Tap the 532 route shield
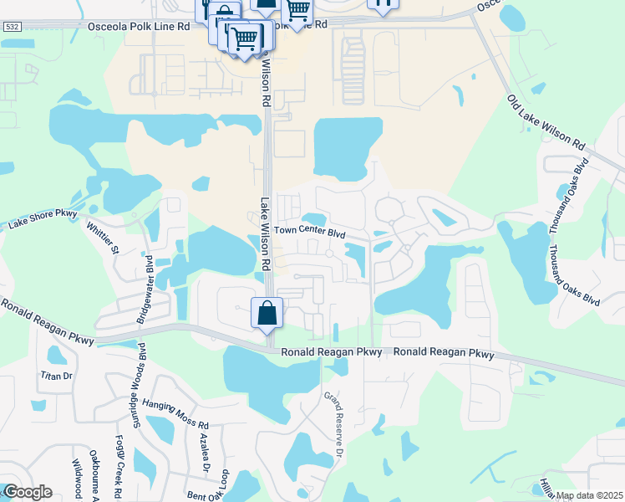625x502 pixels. [11, 27]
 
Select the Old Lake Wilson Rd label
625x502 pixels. [546, 122]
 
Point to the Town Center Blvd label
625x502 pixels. [310, 231]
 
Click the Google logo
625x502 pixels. [28, 492]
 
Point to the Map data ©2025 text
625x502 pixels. [589, 495]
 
